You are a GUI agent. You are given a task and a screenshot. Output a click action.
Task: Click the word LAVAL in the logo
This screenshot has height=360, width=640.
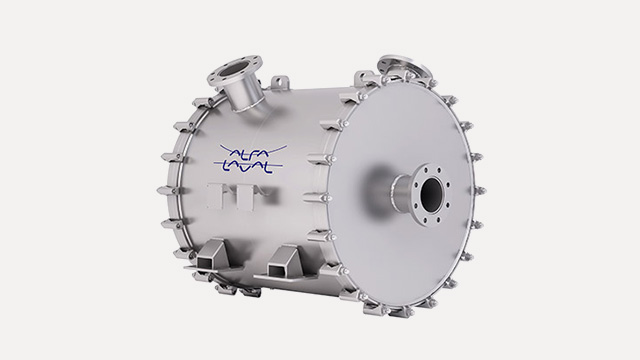(247, 167)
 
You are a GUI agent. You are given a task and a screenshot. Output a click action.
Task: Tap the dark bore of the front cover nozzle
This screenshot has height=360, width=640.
(431, 193)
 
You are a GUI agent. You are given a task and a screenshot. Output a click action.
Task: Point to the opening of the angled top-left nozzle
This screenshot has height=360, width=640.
(233, 70)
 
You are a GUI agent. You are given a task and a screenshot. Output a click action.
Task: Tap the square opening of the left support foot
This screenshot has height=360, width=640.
(204, 261)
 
